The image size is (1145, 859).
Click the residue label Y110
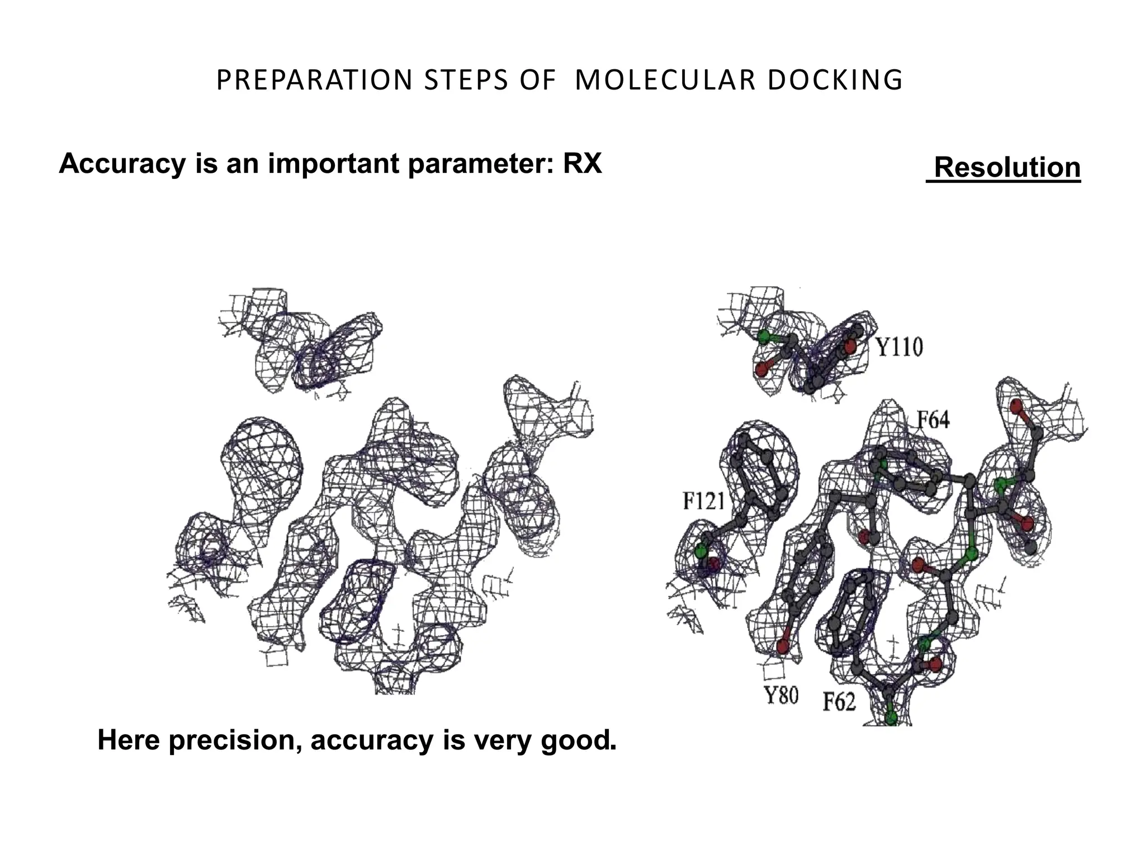coord(899,347)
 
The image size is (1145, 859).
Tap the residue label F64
coord(933,419)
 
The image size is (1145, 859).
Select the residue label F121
coord(703,501)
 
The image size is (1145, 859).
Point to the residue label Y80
coord(781,696)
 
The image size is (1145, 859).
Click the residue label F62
coord(839,701)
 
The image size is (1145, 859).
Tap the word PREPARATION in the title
coord(314,80)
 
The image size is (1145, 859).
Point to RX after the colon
coord(582,164)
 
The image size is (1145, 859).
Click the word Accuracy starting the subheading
coord(122,164)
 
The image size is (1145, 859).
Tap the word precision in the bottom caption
coord(234,740)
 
